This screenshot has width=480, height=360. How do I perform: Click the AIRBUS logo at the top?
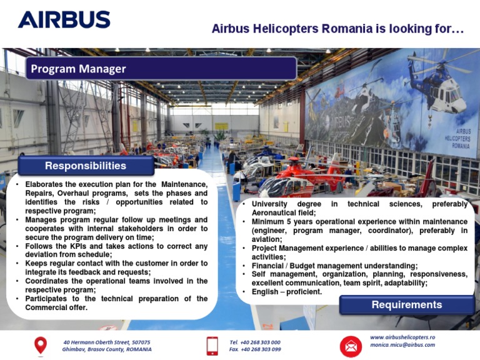click(64, 19)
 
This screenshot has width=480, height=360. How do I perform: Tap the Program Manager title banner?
click(161, 68)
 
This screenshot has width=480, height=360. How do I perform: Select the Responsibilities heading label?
click(86, 166)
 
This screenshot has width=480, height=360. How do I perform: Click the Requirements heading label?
click(407, 304)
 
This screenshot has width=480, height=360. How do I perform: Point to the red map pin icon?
click(41, 346)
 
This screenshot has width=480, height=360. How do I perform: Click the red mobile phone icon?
click(212, 346)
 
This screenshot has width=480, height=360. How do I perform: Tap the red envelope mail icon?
click(351, 346)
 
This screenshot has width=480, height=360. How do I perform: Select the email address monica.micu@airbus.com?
click(402, 345)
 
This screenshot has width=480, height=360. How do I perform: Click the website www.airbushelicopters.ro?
click(402, 337)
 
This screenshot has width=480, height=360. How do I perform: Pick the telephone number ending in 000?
click(255, 342)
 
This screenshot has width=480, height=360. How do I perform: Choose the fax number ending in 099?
click(255, 349)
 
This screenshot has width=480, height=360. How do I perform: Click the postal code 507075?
click(141, 342)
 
